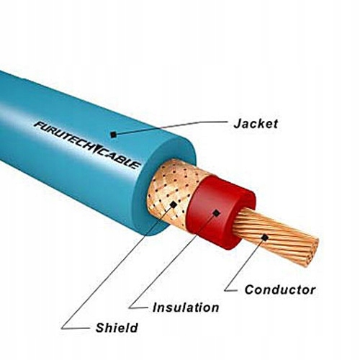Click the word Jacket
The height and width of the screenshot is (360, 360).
pyautogui.click(x=256, y=123)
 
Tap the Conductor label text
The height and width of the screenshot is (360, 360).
pyautogui.click(x=280, y=289)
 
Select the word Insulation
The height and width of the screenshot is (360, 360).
pyautogui.click(x=186, y=307)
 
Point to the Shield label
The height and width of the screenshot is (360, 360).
pyautogui.click(x=117, y=328)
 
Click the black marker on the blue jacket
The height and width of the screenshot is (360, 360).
pyautogui.click(x=113, y=135)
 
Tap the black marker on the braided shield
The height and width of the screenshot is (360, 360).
pyautogui.click(x=174, y=204)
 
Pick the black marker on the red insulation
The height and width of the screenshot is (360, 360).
pyautogui.click(x=217, y=212)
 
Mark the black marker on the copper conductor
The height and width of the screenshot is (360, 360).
pyautogui.click(x=265, y=238)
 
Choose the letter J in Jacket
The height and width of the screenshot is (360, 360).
pyautogui.click(x=238, y=123)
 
